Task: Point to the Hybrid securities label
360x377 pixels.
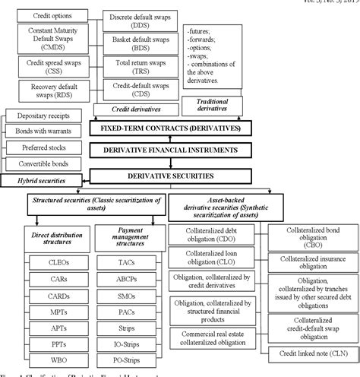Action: coord(35,182)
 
